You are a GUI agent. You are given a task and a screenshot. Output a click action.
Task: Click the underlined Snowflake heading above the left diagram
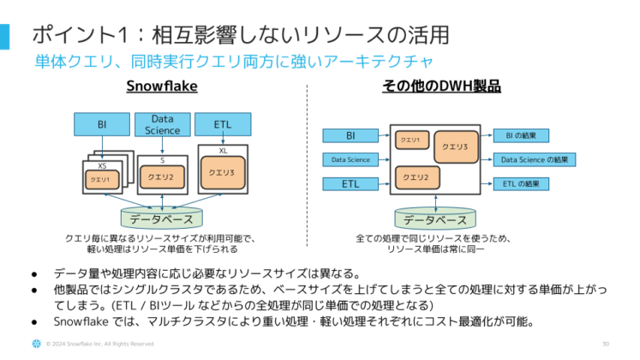(x=162, y=87)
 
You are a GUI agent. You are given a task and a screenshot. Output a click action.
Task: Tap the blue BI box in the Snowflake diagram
(x=101, y=125)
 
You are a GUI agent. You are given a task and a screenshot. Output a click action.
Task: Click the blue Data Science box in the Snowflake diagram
(x=162, y=125)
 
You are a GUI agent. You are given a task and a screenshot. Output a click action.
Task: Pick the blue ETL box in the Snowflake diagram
(x=224, y=125)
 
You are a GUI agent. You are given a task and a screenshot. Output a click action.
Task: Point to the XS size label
(x=102, y=165)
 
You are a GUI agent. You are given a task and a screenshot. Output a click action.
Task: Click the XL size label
(x=224, y=150)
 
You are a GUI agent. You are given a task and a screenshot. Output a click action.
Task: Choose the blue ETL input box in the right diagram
(x=350, y=183)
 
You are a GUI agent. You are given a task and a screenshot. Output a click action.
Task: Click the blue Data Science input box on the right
(x=350, y=159)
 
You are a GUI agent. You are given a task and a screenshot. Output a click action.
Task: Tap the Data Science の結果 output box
(x=535, y=159)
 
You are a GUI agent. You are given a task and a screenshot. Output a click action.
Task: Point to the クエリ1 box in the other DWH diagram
(x=410, y=139)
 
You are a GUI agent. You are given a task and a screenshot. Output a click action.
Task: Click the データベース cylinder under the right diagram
(x=435, y=219)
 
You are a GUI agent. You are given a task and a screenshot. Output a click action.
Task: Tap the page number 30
(x=606, y=345)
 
